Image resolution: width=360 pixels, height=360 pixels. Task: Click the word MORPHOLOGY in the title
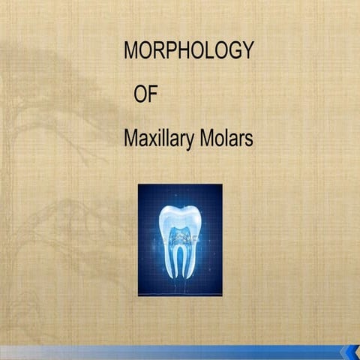[188, 52]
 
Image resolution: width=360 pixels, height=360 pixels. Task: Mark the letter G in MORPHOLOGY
[232, 51]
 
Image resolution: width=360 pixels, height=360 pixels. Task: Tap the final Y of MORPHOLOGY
[247, 51]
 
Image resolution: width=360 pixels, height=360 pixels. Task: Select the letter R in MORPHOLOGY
[152, 51]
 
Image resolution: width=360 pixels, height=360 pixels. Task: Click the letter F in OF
[151, 95]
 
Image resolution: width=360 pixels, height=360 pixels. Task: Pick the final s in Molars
[249, 140]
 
